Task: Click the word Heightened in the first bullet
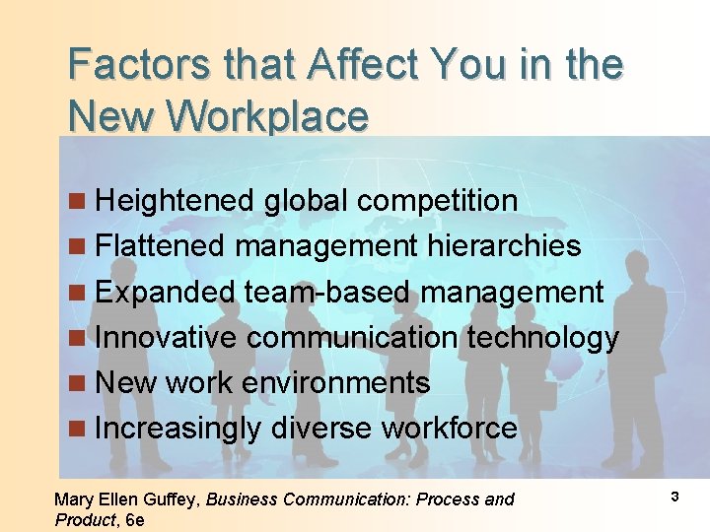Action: coord(175,201)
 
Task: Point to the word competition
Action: coord(437,201)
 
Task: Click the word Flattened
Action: coord(161,245)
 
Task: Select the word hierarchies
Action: coord(504,245)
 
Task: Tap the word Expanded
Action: coord(166,292)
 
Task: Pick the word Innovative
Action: coord(166,337)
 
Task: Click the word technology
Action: coord(542,337)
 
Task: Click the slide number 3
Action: coord(674,497)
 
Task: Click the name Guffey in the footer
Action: coord(175,499)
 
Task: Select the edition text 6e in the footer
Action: coord(135,520)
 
